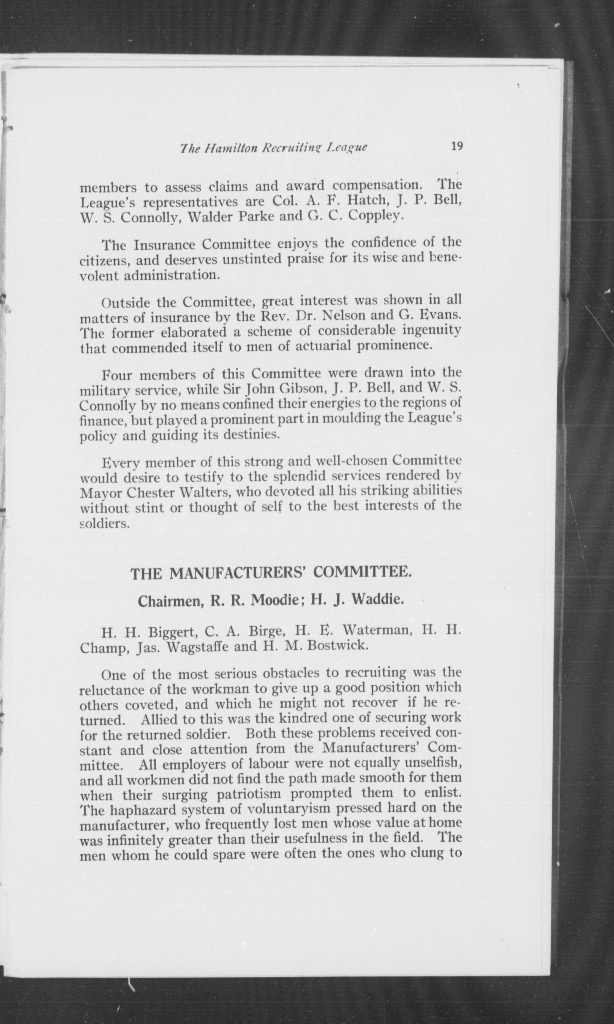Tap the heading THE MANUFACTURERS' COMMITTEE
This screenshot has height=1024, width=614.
[271, 574]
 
